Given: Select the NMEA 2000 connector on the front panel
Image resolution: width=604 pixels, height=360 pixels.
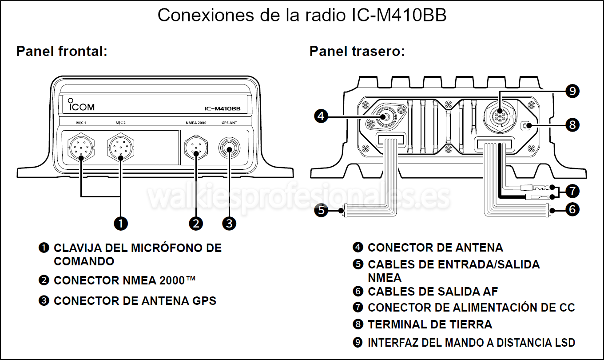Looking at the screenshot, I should coord(196,148).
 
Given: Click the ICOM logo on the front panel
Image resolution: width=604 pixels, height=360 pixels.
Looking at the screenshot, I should coord(81,106).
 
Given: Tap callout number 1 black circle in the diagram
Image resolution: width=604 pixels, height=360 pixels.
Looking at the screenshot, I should coord(121,223).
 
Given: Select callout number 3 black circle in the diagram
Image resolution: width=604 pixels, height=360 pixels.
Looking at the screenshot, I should coord(229,223).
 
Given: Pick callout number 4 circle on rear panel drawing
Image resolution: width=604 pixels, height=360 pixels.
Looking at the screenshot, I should coord(321,117).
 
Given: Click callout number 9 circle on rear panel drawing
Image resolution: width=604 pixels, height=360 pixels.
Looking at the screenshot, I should coord(572,91).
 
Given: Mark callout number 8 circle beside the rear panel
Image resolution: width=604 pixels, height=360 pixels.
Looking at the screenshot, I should coord(572,125).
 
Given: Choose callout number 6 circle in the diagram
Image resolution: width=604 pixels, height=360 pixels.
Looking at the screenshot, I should coord(572,209).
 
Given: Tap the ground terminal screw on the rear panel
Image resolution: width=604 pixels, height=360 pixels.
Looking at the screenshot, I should coord(527,126).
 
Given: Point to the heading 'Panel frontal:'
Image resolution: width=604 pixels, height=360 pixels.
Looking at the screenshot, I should coord(62,52).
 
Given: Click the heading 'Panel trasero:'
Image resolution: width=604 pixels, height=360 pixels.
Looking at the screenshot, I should coord(357,52).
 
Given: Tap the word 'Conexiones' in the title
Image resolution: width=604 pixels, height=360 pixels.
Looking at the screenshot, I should coord(204,16).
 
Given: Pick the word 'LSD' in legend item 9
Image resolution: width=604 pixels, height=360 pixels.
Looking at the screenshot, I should coord(565,343).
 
